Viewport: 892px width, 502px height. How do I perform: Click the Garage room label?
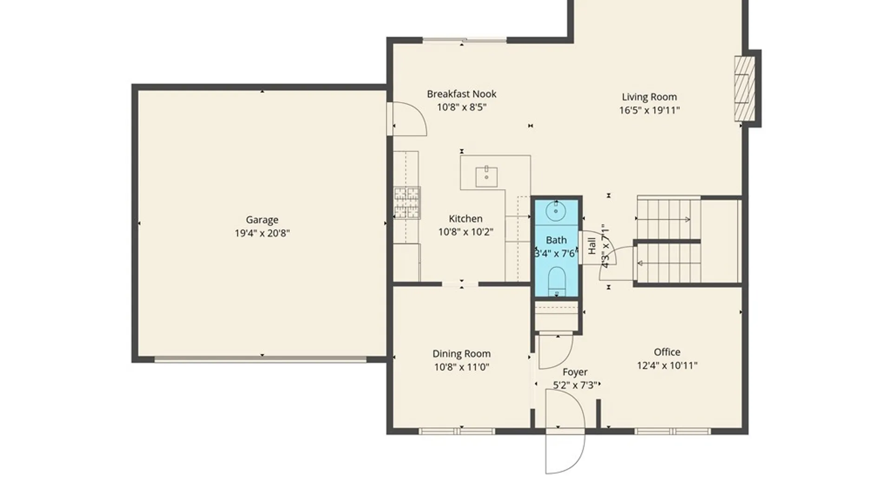click(x=262, y=220)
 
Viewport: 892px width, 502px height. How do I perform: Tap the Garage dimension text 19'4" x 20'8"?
click(x=262, y=233)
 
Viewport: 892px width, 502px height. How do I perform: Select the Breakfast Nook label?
click(x=461, y=94)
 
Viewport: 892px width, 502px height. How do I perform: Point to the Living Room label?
click(x=649, y=97)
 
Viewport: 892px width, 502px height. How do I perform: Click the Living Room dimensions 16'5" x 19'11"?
click(x=649, y=110)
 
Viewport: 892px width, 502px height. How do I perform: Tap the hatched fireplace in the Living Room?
click(x=744, y=89)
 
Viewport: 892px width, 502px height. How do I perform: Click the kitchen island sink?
click(x=486, y=177)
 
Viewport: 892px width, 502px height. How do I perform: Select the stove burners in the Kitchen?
click(x=407, y=203)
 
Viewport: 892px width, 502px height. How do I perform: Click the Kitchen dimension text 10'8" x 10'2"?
click(x=466, y=231)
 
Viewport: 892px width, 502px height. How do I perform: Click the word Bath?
click(x=556, y=240)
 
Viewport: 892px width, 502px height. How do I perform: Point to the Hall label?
click(x=592, y=246)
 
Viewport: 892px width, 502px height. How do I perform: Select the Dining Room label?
click(x=461, y=354)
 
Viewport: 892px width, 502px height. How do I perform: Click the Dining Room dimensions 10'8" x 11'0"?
click(x=461, y=367)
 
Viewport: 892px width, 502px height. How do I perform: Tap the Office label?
click(x=667, y=352)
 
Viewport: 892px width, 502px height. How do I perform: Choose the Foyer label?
click(x=575, y=372)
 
